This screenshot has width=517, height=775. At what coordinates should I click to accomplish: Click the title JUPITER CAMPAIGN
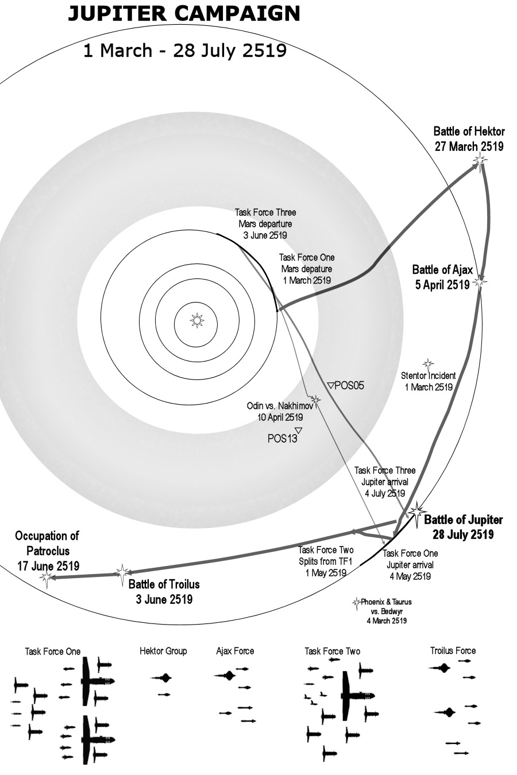tap(184, 14)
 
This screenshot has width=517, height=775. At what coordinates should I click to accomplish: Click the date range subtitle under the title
tap(184, 51)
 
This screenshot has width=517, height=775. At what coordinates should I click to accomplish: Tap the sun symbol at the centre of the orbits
tap(197, 320)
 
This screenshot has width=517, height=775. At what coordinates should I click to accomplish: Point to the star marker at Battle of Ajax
tap(481, 282)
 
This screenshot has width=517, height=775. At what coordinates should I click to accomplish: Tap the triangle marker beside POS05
tap(330, 385)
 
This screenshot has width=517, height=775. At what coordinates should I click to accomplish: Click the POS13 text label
tap(282, 439)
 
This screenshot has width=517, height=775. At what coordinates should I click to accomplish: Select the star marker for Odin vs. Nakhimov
tap(314, 399)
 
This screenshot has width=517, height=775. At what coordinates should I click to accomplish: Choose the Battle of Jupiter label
tap(463, 527)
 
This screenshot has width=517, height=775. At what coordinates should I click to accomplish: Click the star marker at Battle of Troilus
tap(122, 572)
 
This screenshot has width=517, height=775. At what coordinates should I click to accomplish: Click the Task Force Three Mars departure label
tap(265, 224)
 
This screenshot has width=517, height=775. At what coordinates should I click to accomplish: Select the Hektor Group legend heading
tap(163, 651)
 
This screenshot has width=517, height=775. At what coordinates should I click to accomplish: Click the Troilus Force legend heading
tap(453, 650)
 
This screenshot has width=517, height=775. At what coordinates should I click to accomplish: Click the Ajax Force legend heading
tap(235, 651)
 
